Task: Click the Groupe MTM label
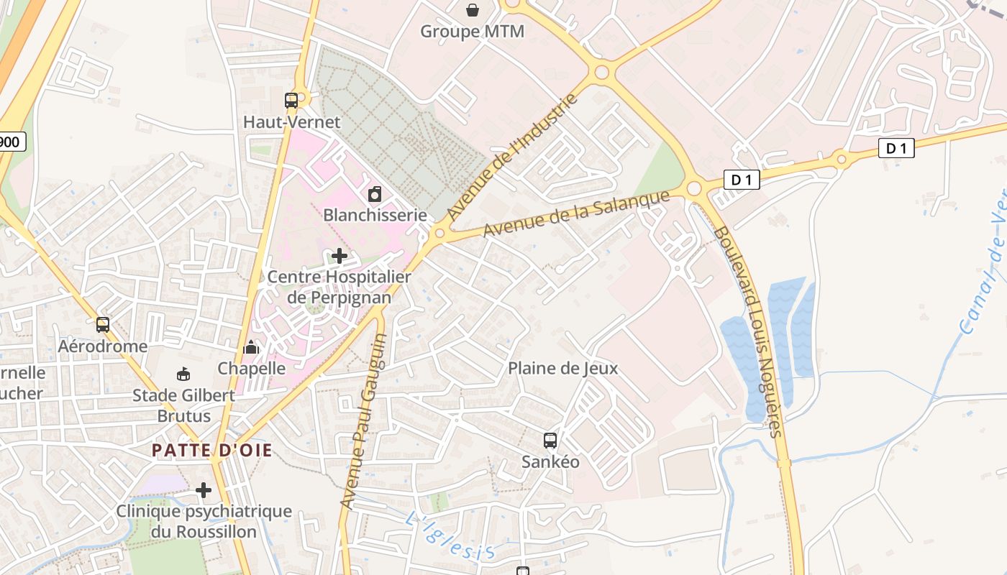point(472,32)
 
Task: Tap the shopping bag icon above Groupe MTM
point(473,10)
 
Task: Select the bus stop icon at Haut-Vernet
point(291,101)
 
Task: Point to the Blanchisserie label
point(375,215)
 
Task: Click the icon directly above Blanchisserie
point(375,194)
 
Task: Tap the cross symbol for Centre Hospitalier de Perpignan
point(340,255)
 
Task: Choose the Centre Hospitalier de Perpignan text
point(339,287)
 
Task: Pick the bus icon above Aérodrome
point(103,325)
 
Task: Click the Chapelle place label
point(252,368)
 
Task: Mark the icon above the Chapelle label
point(251,347)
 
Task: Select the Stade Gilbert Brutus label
point(183,405)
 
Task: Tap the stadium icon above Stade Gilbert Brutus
point(183,374)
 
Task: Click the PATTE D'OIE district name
point(212,451)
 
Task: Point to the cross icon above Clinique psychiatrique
point(204,490)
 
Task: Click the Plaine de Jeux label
point(562,368)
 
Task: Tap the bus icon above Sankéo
point(550,441)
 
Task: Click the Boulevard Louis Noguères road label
point(748,331)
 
